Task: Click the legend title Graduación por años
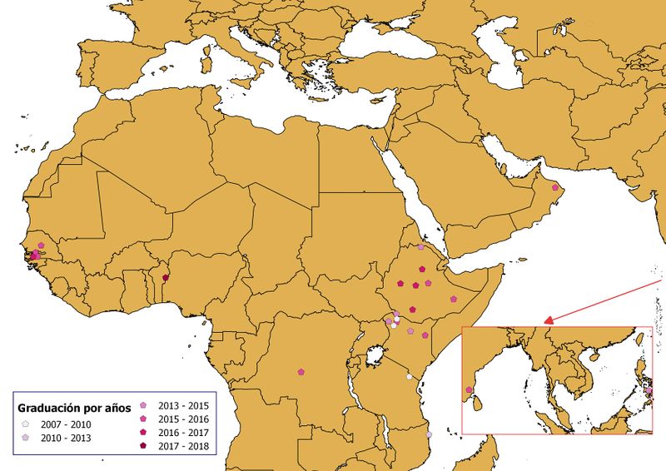click(x=74, y=408)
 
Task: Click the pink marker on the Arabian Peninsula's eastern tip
click(x=555, y=187)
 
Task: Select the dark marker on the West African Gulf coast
click(x=165, y=278)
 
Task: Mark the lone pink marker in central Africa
click(x=301, y=372)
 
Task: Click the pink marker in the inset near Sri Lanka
click(x=470, y=389)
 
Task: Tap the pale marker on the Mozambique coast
click(x=430, y=434)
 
